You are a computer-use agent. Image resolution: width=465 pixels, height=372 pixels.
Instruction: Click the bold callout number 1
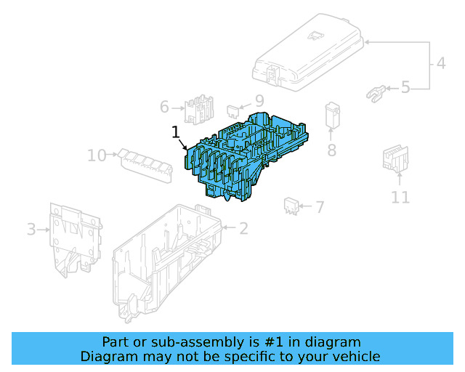(x=176, y=132)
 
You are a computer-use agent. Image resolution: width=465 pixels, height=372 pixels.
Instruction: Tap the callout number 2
(x=243, y=228)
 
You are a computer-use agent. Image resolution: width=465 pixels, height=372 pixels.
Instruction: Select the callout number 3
(x=31, y=230)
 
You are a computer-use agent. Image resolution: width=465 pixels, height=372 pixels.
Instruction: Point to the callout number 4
(x=441, y=63)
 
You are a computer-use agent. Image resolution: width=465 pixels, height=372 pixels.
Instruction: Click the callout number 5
(x=405, y=87)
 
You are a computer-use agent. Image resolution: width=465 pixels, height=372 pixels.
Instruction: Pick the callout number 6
(x=164, y=107)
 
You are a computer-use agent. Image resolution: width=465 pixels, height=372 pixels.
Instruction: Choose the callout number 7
(x=320, y=207)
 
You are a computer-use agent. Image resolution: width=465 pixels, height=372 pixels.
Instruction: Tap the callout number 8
(x=332, y=150)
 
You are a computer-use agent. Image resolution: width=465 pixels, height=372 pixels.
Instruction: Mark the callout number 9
(x=259, y=101)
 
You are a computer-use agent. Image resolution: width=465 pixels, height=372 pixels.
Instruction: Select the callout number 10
(x=97, y=155)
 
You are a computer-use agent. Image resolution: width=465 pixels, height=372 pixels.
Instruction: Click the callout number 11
(x=400, y=198)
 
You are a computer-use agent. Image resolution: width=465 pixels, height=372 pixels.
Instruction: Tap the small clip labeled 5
(x=376, y=94)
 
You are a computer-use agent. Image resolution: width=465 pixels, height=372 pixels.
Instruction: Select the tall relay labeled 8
(x=333, y=116)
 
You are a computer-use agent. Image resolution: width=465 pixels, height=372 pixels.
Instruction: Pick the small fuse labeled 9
(x=233, y=112)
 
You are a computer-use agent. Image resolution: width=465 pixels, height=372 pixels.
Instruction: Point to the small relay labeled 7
(x=291, y=206)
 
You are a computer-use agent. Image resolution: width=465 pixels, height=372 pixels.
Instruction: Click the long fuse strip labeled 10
(x=145, y=166)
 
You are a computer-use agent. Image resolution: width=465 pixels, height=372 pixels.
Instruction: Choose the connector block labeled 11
(x=395, y=158)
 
